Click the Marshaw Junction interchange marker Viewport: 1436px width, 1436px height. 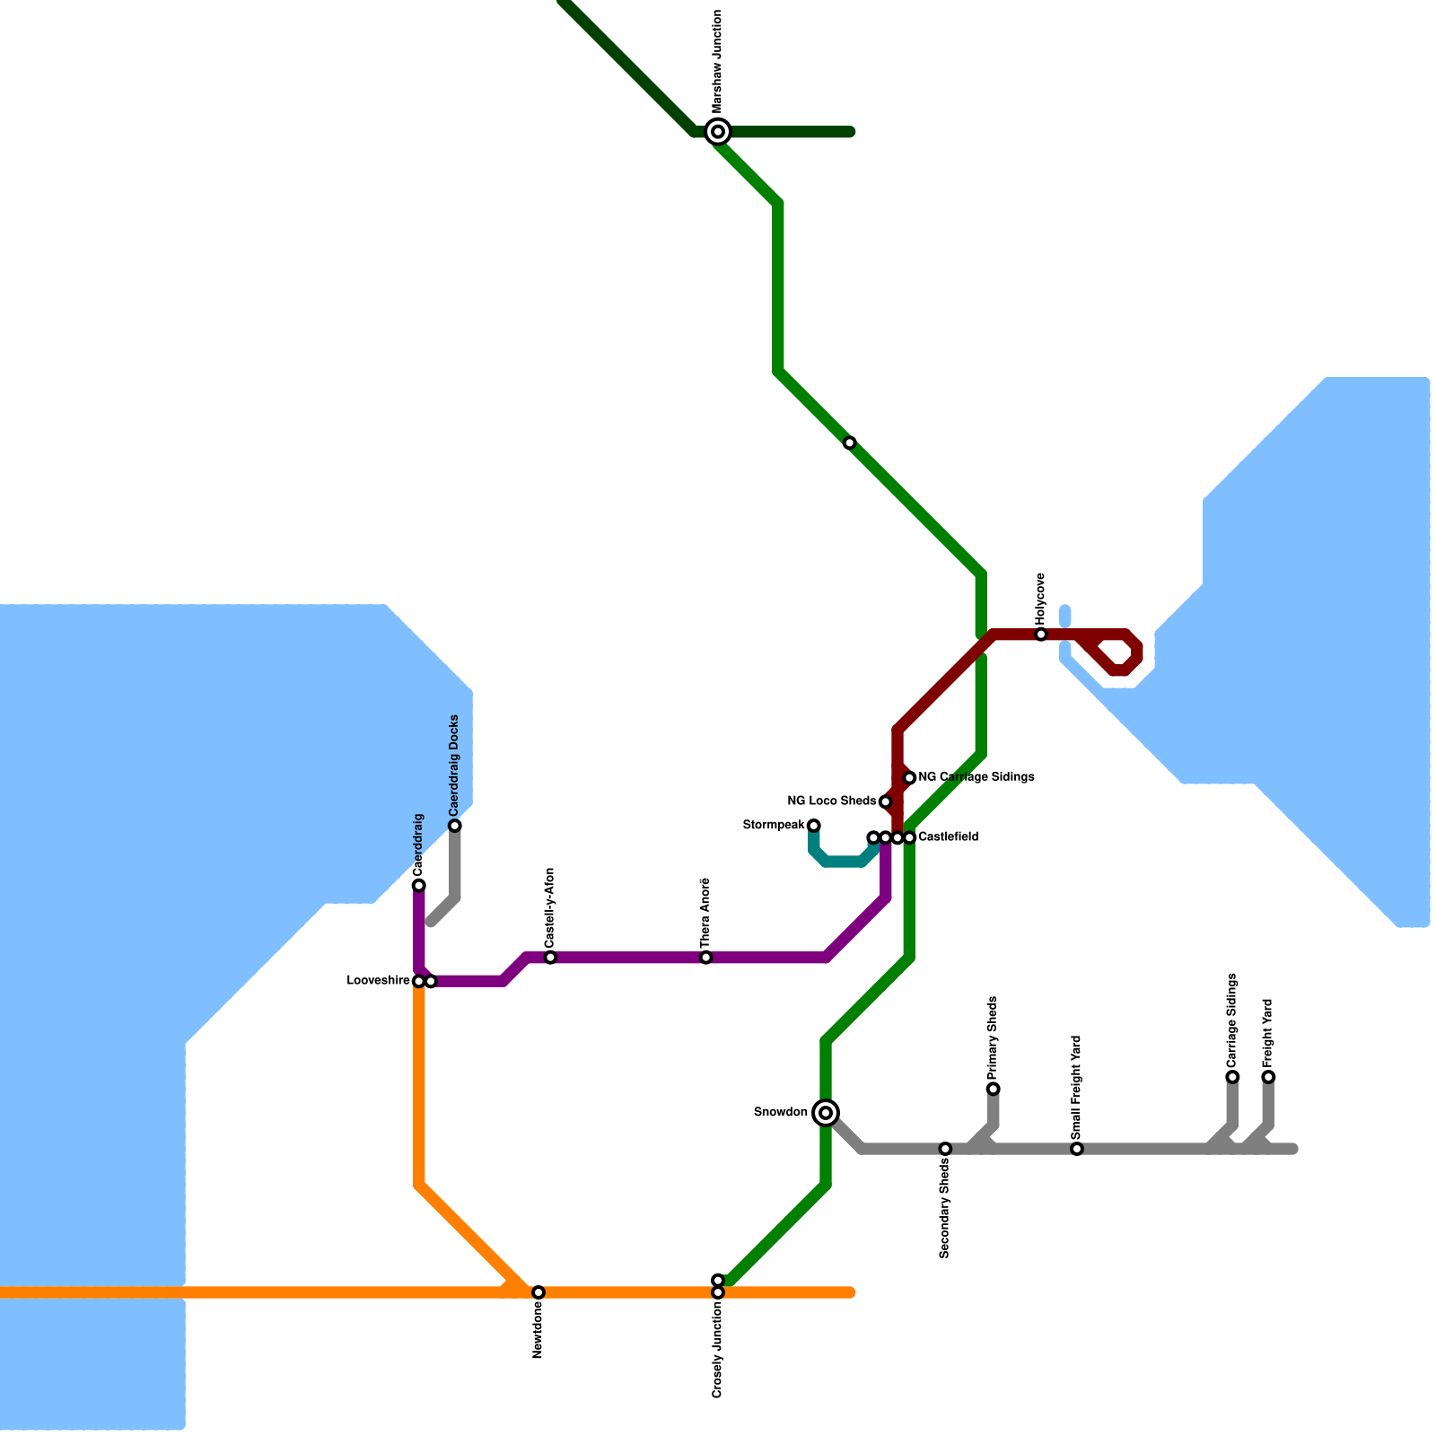(718, 132)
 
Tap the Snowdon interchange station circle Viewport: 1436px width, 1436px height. (826, 1113)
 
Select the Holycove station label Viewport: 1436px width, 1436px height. (1040, 599)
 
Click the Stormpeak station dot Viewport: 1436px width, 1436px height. (814, 826)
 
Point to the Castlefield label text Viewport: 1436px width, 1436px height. (948, 837)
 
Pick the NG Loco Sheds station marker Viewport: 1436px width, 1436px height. (885, 801)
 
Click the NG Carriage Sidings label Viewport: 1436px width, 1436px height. (976, 777)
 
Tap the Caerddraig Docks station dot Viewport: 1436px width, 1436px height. (455, 826)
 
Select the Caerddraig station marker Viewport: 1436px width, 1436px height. (419, 886)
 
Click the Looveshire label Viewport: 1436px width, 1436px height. (378, 981)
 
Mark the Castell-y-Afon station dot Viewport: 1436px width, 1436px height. (550, 958)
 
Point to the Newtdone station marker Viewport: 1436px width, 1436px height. (538, 1292)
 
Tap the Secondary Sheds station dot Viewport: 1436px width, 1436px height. (945, 1149)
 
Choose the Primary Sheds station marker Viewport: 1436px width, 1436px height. (993, 1089)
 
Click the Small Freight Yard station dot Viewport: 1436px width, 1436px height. (1077, 1149)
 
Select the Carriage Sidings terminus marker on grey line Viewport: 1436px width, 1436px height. (1232, 1077)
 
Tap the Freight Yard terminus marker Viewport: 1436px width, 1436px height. (1268, 1077)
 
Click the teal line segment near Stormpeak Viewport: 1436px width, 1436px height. (844, 862)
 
